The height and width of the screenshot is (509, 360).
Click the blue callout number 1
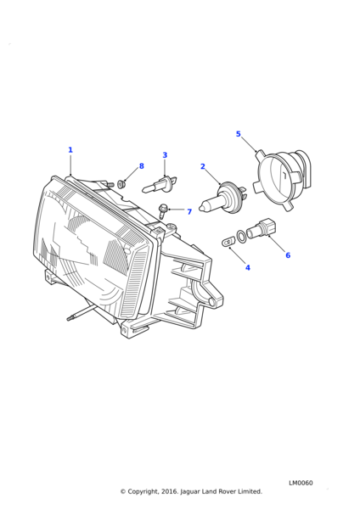point(70,150)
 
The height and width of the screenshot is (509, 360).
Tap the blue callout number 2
point(203,166)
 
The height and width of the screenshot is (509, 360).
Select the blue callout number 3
point(165,155)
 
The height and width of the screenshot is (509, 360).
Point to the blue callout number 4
point(248,268)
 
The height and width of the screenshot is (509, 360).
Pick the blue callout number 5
point(238,134)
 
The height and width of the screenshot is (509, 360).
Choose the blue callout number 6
point(288,255)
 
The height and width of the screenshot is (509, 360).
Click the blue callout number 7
point(189,211)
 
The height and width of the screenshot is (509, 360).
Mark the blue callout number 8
point(141,166)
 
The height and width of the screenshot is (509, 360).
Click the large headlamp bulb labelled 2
point(224,198)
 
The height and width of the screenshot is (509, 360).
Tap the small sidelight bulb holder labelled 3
point(160,184)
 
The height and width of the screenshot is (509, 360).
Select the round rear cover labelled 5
point(282,179)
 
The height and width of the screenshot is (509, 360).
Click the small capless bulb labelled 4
point(228,242)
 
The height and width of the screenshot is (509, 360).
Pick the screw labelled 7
point(162,210)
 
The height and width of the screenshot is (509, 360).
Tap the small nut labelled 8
point(121,184)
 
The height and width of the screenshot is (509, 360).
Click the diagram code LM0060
point(301,483)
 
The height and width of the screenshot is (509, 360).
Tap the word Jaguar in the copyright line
point(190,492)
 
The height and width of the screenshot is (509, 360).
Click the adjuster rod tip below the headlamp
point(70,318)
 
